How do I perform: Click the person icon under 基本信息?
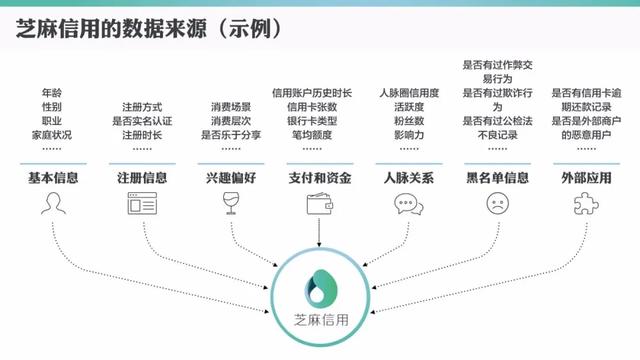pyautogui.click(x=51, y=204)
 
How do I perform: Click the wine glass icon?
pyautogui.click(x=231, y=204)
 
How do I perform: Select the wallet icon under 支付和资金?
pyautogui.click(x=318, y=204)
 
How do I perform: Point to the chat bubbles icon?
pyautogui.click(x=407, y=204)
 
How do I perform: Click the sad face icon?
pyautogui.click(x=496, y=204)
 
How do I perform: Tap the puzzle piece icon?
pyautogui.click(x=584, y=204)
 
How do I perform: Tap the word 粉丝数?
pyautogui.click(x=406, y=120)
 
